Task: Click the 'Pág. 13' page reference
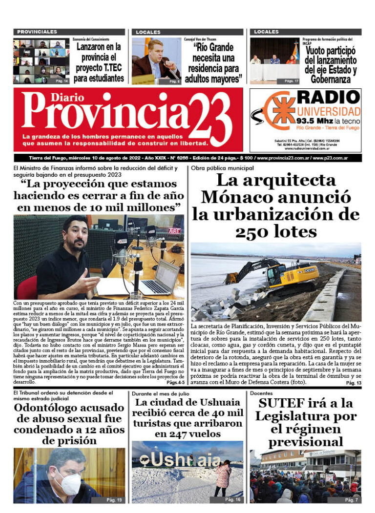point(353,384)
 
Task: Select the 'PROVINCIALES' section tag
point(37,32)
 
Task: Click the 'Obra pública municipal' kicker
point(215,168)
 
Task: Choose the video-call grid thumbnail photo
point(41,61)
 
